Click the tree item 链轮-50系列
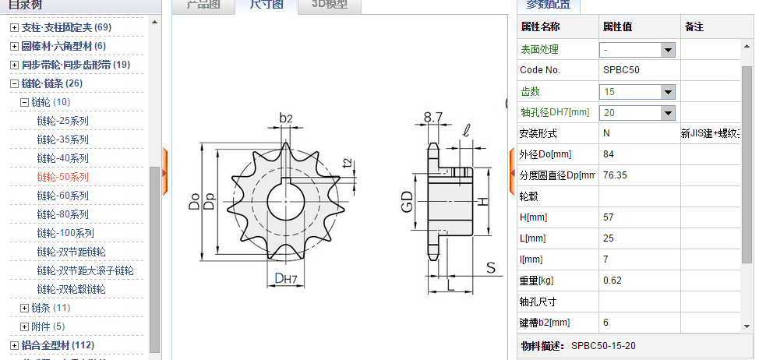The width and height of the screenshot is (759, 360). point(62,177)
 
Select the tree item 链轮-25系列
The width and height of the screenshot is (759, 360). point(62,121)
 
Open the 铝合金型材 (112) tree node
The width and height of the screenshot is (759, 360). point(58,345)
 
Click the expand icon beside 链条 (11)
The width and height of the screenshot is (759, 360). point(24,308)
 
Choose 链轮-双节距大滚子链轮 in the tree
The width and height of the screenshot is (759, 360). point(85,270)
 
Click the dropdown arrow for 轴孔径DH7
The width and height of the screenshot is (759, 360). point(667,113)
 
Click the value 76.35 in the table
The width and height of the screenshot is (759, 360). point(616,175)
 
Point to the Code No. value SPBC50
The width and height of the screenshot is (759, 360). point(620,70)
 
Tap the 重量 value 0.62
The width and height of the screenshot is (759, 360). point(612,281)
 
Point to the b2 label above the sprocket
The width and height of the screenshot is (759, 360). point(285,118)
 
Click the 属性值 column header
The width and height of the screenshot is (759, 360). point(617,26)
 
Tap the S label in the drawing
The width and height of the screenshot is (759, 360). point(491,268)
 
